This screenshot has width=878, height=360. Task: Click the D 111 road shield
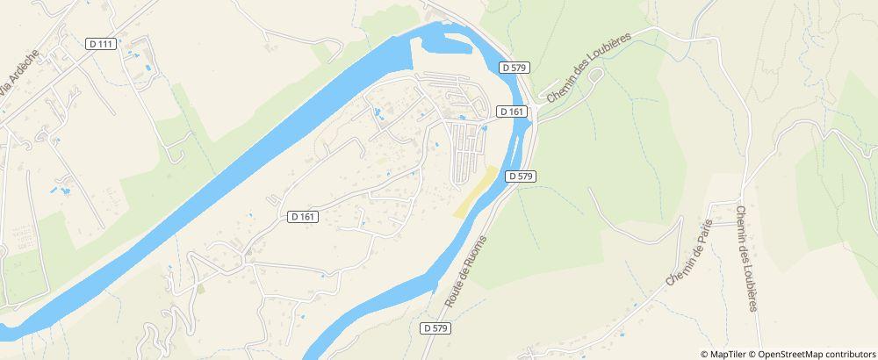tap(103, 44)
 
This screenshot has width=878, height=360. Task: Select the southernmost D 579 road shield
tap(435, 328)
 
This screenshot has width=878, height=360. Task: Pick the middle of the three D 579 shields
tap(521, 176)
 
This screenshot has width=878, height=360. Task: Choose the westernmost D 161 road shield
tap(302, 216)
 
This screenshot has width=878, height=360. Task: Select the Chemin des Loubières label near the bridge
tap(589, 69)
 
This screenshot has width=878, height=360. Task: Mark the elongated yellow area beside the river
tap(475, 191)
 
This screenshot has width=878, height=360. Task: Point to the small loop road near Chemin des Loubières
tap(594, 76)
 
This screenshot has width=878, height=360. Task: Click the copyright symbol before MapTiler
tap(705, 354)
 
